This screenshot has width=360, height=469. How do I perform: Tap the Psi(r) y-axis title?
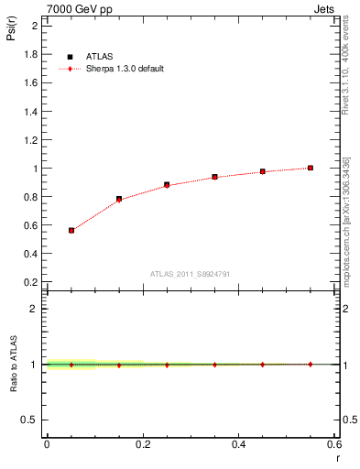coord(14,33)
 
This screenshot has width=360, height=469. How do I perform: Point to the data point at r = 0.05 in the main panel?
coord(71,230)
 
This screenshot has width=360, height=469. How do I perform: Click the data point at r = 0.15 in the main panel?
coord(119,199)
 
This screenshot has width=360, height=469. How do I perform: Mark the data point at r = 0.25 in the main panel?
coord(167,184)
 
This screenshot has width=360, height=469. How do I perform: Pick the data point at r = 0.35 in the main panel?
coord(214,177)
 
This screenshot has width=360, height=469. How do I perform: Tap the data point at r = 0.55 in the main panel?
coord(311,168)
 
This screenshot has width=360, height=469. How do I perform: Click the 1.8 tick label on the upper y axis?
coord(31,55)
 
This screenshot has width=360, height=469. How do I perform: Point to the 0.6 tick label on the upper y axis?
coord(31,225)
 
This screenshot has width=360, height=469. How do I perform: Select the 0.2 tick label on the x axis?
coord(142,444)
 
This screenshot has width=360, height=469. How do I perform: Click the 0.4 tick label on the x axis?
coord(238,444)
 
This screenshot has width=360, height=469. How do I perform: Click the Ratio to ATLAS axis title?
coord(14,364)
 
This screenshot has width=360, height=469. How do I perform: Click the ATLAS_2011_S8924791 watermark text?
coord(189,274)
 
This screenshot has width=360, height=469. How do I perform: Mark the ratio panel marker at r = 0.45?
coord(262,365)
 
